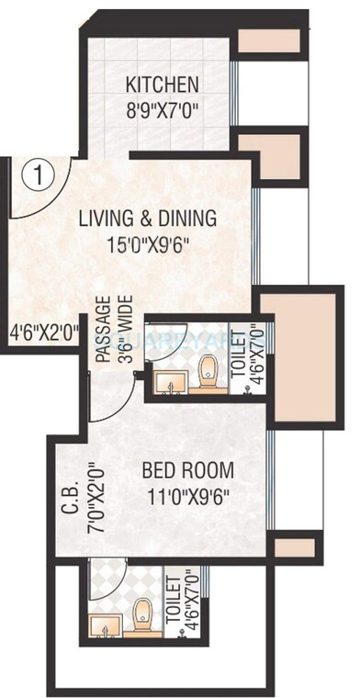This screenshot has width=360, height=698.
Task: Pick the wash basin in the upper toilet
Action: point(166,380)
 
